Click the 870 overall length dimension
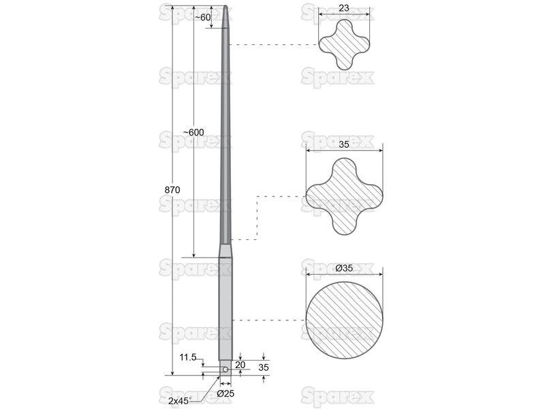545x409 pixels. click(x=172, y=190)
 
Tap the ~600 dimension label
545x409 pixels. click(x=193, y=132)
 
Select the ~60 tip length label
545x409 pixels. click(x=202, y=17)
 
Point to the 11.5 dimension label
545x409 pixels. click(x=188, y=357)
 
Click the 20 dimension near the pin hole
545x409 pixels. click(x=240, y=365)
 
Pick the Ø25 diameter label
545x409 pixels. click(x=225, y=394)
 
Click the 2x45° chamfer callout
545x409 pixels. click(x=178, y=401)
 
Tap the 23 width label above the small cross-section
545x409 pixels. click(x=344, y=8)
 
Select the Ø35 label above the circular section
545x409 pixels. click(x=344, y=268)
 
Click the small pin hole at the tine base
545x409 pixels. click(x=225, y=369)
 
